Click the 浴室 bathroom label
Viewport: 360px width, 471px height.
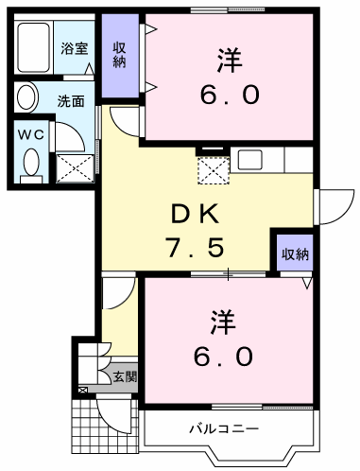tap(74, 48)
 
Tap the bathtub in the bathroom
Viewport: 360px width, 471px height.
tap(33, 47)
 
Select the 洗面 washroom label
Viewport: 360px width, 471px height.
tap(71, 101)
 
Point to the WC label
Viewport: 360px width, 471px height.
tap(31, 135)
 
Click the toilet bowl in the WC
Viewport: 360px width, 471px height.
tap(31, 162)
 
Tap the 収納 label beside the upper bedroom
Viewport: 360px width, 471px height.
tap(120, 55)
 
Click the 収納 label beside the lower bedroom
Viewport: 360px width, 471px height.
tap(295, 254)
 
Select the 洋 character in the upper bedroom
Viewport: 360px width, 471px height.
tap(230, 60)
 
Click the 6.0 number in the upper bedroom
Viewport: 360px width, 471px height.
tap(231, 95)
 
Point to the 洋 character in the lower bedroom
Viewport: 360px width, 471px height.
tap(223, 323)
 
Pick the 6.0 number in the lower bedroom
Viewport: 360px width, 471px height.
tap(223, 357)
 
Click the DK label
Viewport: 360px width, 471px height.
tap(195, 214)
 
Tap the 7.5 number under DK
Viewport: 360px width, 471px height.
tap(196, 247)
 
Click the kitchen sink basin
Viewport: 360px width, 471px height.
tap(250, 160)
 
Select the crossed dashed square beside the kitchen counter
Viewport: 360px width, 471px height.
tap(214, 170)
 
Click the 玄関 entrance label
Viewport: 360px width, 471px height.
tap(125, 376)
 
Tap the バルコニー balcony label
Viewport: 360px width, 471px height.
tap(224, 428)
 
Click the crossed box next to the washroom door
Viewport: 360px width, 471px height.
tap(76, 168)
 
